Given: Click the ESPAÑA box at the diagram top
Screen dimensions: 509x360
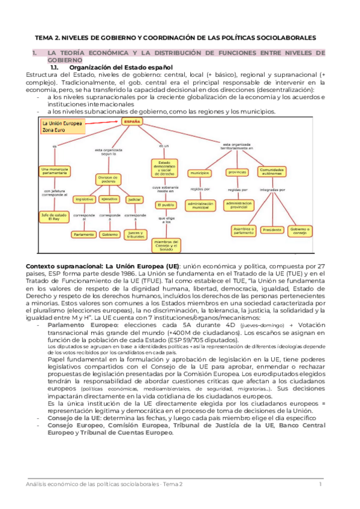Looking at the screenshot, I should (x=132, y=121).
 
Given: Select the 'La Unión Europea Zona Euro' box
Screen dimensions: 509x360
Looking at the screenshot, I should (x=62, y=127).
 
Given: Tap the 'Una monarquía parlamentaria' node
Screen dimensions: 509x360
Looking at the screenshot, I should (x=54, y=172).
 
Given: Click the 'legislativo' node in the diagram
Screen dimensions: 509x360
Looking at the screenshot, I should (x=83, y=198).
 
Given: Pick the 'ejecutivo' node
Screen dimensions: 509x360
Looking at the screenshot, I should (x=109, y=198).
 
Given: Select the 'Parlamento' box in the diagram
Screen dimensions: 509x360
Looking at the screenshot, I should (x=85, y=235).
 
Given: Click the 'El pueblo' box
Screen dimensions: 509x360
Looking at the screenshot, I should (x=165, y=205).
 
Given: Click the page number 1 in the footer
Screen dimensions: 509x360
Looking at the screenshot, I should (x=320, y=484).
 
